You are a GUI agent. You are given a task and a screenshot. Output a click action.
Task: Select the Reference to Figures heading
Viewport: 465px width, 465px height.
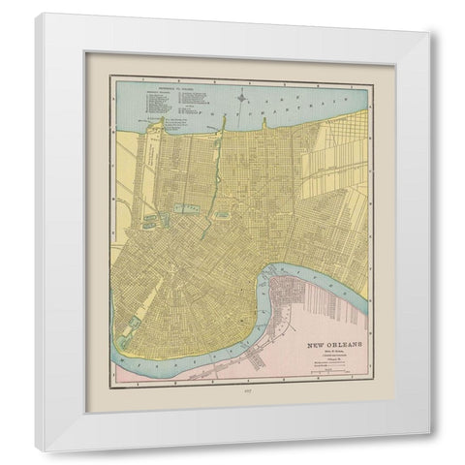[170, 84]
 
